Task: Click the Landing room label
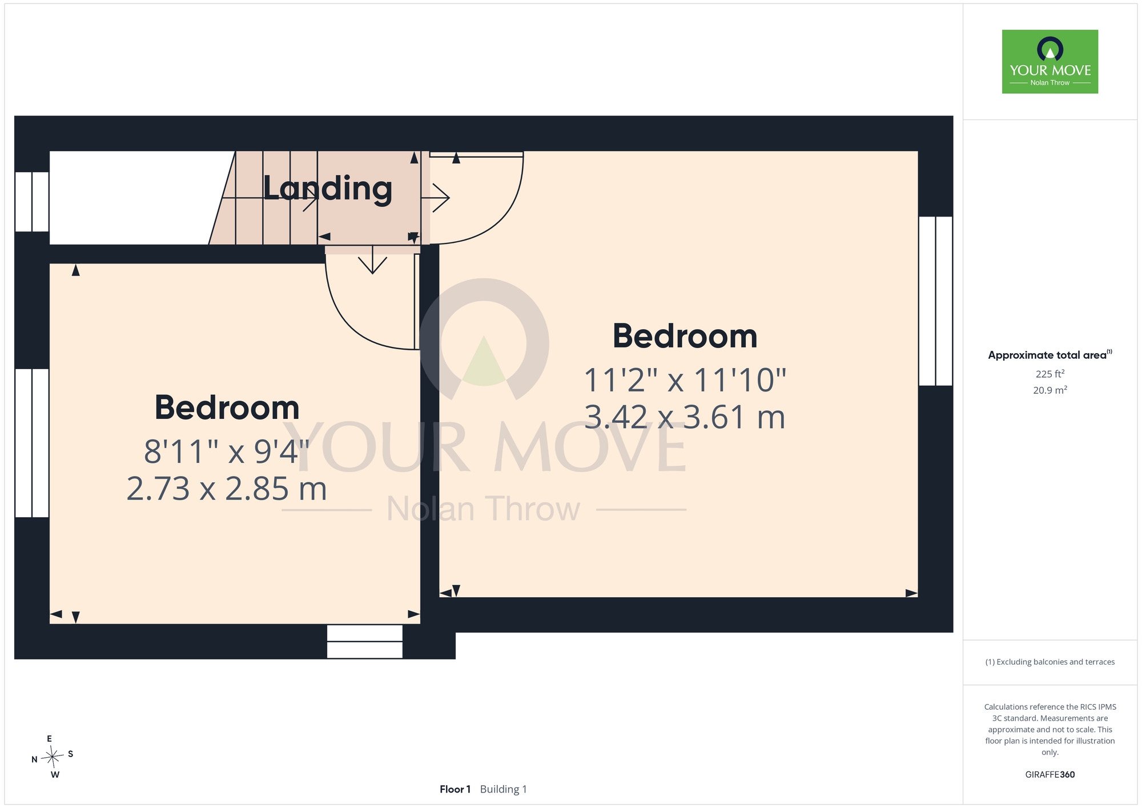[x=327, y=189]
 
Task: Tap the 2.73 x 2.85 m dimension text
[x=227, y=489]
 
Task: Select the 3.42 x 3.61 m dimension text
[x=685, y=417]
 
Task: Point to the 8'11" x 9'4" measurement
[x=227, y=451]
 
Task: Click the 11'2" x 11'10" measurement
[x=685, y=380]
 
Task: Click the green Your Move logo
[x=1050, y=62]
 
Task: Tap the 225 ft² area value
[x=1050, y=374]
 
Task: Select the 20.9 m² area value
[x=1050, y=390]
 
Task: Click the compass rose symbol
[x=53, y=757]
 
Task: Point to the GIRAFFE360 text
[x=1050, y=775]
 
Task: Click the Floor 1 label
[x=455, y=789]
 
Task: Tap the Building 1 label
[x=504, y=789]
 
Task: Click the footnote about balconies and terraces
[x=1050, y=662]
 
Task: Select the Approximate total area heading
[x=1050, y=355]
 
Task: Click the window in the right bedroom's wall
[x=936, y=301]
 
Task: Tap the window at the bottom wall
[x=365, y=642]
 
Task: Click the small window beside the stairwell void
[x=32, y=202]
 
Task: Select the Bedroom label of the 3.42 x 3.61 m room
[x=685, y=336]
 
